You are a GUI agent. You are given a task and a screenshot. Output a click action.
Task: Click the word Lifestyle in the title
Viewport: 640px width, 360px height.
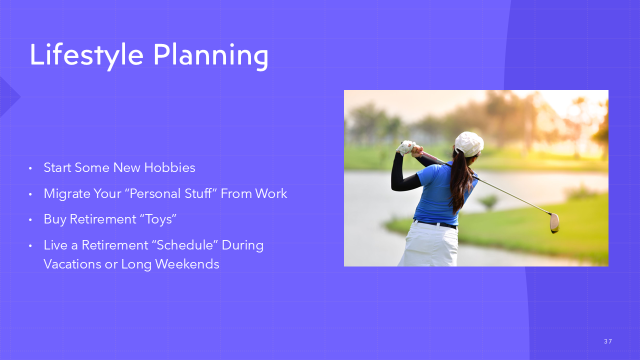[x=86, y=55]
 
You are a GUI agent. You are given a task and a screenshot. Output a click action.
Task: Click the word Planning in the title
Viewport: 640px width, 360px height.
[x=211, y=56]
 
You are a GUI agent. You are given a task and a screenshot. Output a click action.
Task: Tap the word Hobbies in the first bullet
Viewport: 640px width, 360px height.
[x=169, y=167]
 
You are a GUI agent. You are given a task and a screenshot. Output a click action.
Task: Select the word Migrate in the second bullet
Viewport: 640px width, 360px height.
[x=67, y=193]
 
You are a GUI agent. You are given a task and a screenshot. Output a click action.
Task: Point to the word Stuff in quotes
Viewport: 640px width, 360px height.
[x=199, y=193]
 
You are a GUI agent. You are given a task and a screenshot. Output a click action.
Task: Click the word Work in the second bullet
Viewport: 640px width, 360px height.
[x=271, y=193]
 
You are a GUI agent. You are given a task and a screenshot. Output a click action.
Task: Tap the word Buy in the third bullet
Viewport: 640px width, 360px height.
[x=55, y=219]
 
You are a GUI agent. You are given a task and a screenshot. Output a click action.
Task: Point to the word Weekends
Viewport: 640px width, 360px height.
[x=187, y=264]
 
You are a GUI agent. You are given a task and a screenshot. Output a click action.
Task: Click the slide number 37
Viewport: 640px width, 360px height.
[x=608, y=341]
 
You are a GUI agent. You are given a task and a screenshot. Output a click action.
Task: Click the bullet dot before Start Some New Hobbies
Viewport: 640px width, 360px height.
[x=30, y=168]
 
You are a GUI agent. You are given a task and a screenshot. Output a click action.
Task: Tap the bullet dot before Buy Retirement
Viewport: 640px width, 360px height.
[x=30, y=220]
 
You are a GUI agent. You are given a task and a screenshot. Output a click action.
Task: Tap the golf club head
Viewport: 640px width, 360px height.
[x=554, y=223]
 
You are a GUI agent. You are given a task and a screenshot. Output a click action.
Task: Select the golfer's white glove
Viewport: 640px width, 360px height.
[x=405, y=147]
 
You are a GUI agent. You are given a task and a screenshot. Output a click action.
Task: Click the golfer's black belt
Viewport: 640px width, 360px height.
[x=435, y=223]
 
